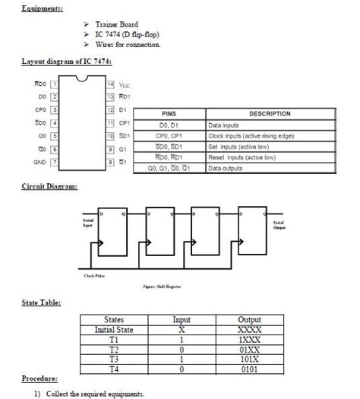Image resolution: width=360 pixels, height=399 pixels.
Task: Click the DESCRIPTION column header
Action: [270, 114]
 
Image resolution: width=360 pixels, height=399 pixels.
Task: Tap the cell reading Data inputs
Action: [226, 125]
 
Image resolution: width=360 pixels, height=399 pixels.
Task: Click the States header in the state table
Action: [112, 321]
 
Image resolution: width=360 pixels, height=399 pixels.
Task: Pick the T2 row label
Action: [112, 350]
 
